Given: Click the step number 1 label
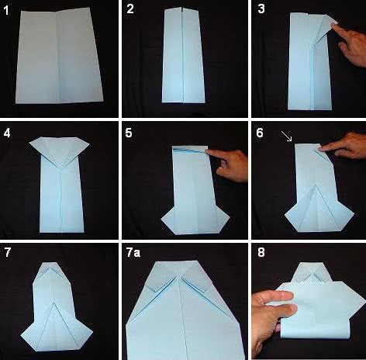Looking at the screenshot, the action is [x=6, y=11].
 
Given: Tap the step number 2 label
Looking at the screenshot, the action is [x=130, y=9].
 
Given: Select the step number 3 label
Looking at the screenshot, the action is [x=261, y=9].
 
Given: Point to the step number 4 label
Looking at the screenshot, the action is [x=7, y=133].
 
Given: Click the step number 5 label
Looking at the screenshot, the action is [x=129, y=133].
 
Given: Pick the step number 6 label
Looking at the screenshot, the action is [x=260, y=133].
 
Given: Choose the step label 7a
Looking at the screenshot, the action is [x=133, y=253].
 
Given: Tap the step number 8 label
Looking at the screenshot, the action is [x=261, y=252].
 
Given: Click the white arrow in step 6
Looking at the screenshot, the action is [x=287, y=136].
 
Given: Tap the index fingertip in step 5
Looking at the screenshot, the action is [x=209, y=152].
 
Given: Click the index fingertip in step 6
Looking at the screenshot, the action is [x=322, y=148].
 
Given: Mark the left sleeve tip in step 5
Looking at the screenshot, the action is [x=162, y=220].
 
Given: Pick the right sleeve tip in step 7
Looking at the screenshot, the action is [x=91, y=331].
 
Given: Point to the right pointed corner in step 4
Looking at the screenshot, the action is [x=88, y=143].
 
